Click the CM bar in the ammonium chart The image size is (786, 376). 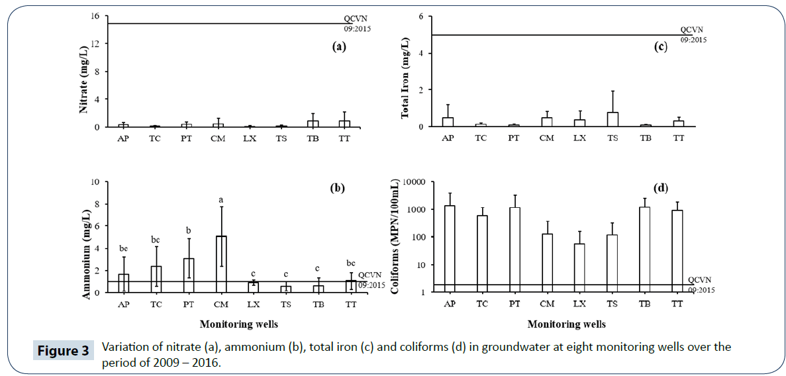(221, 264)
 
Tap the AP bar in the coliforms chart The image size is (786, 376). (450, 249)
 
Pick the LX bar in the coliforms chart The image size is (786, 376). (579, 268)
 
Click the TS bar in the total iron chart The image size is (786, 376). (612, 119)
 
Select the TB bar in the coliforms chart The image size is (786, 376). (644, 250)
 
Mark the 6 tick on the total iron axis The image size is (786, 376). (420, 17)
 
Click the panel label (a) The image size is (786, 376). (338, 46)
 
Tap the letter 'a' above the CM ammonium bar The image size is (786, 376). (221, 199)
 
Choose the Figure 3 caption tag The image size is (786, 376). (62, 350)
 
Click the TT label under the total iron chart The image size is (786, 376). (677, 138)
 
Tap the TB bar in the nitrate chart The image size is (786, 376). (313, 123)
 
